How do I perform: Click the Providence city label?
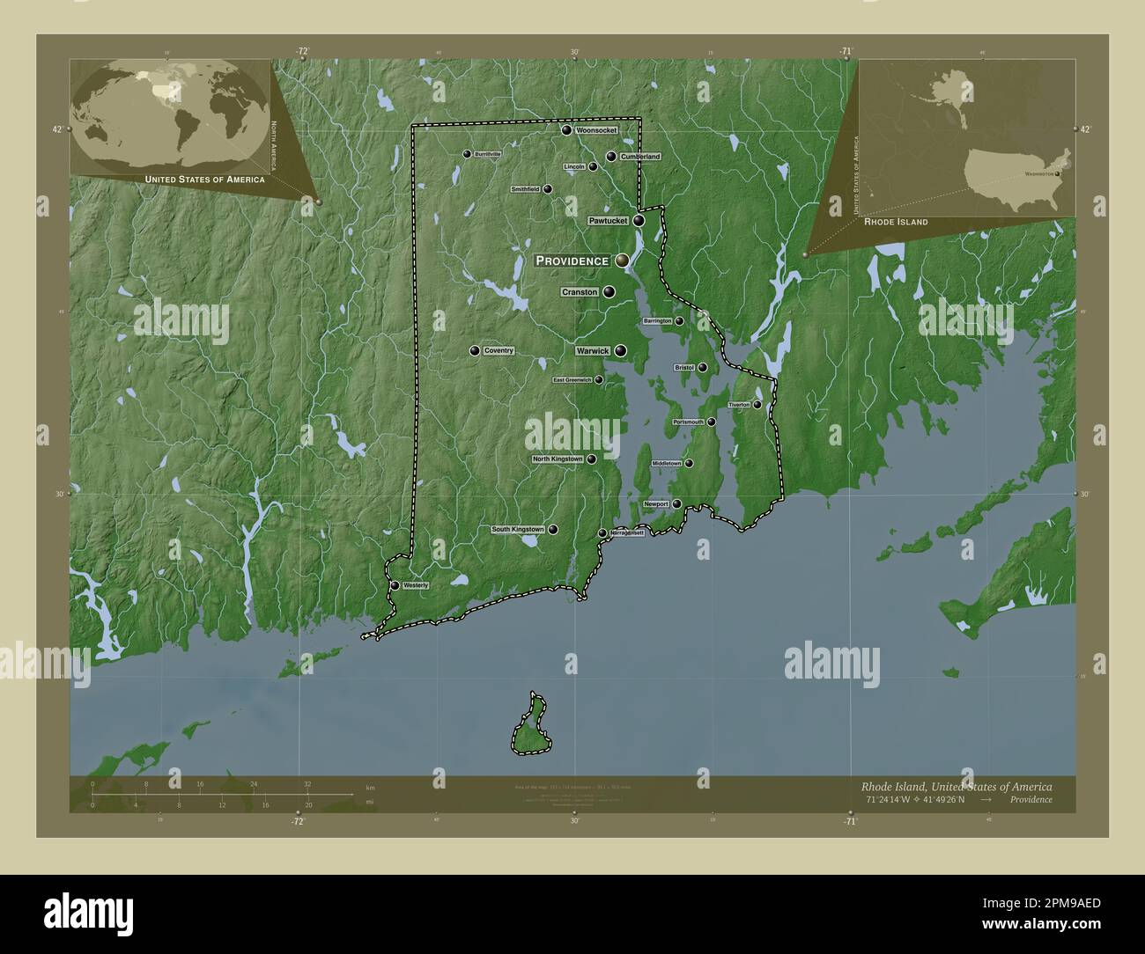(x=572, y=261)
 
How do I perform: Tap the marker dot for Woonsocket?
(x=567, y=130)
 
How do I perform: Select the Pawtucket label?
(x=608, y=221)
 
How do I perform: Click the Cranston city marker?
(x=609, y=292)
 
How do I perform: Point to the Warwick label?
(x=593, y=350)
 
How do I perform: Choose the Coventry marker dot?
(x=476, y=350)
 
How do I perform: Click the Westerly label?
(x=415, y=585)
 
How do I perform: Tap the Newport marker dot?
(x=676, y=503)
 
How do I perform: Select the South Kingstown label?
(x=518, y=530)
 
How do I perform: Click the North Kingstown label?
(x=558, y=459)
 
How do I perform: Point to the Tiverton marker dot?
(x=757, y=404)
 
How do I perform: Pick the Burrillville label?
(x=487, y=154)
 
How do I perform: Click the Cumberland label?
(x=639, y=157)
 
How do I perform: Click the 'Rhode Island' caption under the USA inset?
(x=896, y=223)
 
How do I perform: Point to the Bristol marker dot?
(x=703, y=368)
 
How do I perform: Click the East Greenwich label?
(x=572, y=380)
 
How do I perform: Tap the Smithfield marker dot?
(x=548, y=188)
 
